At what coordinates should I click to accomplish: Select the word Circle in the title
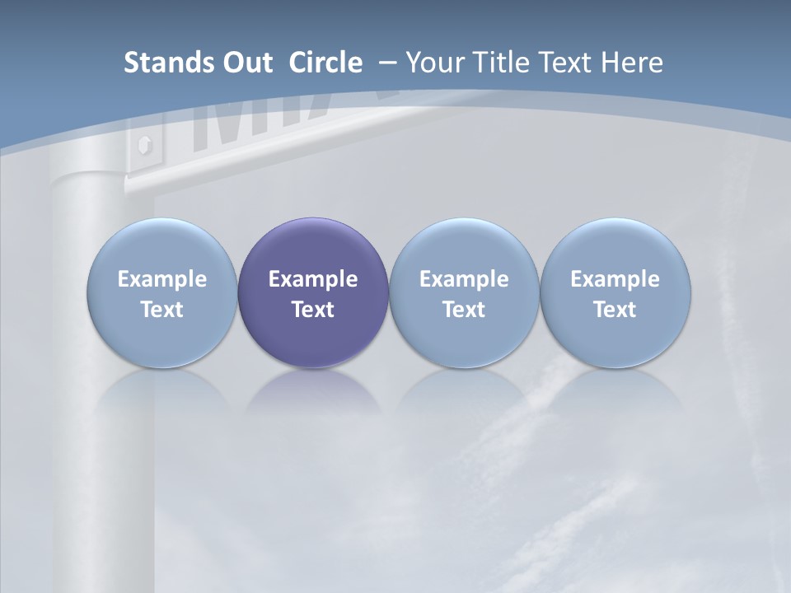point(325,63)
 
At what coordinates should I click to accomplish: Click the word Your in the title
point(433,63)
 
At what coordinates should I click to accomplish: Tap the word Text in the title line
point(564,63)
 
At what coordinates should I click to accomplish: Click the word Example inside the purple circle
point(313,280)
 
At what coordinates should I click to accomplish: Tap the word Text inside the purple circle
point(313,311)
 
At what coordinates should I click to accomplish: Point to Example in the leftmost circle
point(162,280)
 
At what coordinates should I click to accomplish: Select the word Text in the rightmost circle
point(615,311)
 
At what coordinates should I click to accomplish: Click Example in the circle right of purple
point(464,280)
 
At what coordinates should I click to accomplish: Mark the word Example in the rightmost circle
point(615,280)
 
